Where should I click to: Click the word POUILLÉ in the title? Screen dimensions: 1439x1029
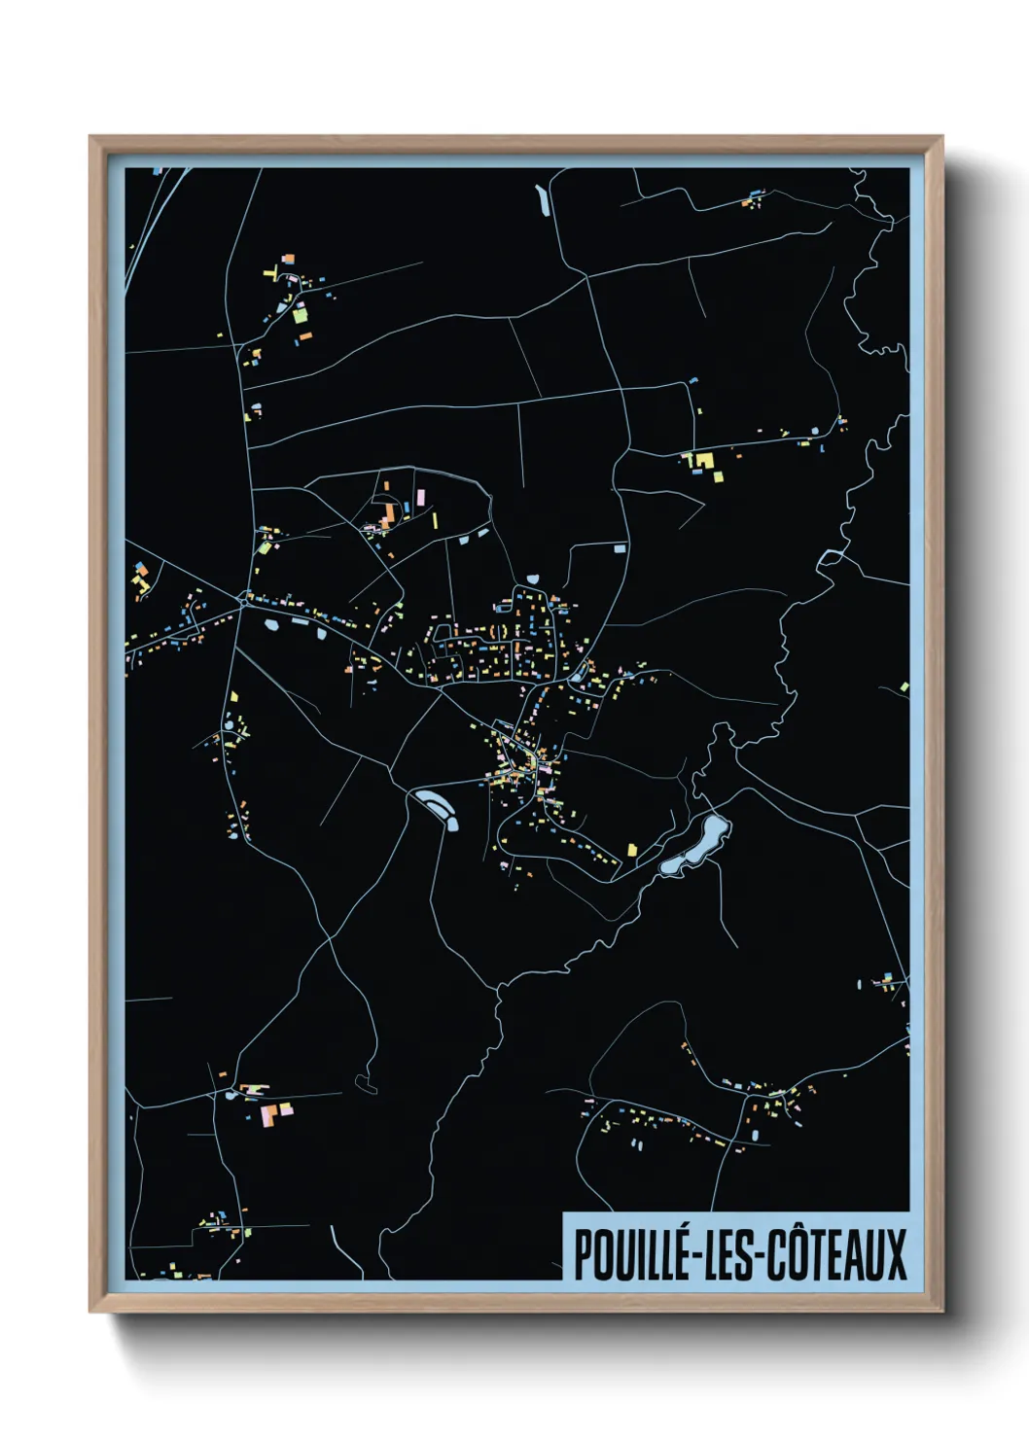click(x=631, y=1254)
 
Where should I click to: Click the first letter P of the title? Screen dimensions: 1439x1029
click(x=584, y=1254)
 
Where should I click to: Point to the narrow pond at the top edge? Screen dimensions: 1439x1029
click(x=542, y=199)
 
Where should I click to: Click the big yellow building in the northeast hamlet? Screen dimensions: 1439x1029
click(x=704, y=460)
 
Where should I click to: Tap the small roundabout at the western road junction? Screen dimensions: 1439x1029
click(x=242, y=603)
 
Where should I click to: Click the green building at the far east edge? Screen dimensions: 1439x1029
click(x=905, y=687)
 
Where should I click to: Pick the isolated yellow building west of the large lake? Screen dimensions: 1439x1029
click(x=632, y=850)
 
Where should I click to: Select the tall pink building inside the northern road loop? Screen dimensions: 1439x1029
click(x=420, y=497)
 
